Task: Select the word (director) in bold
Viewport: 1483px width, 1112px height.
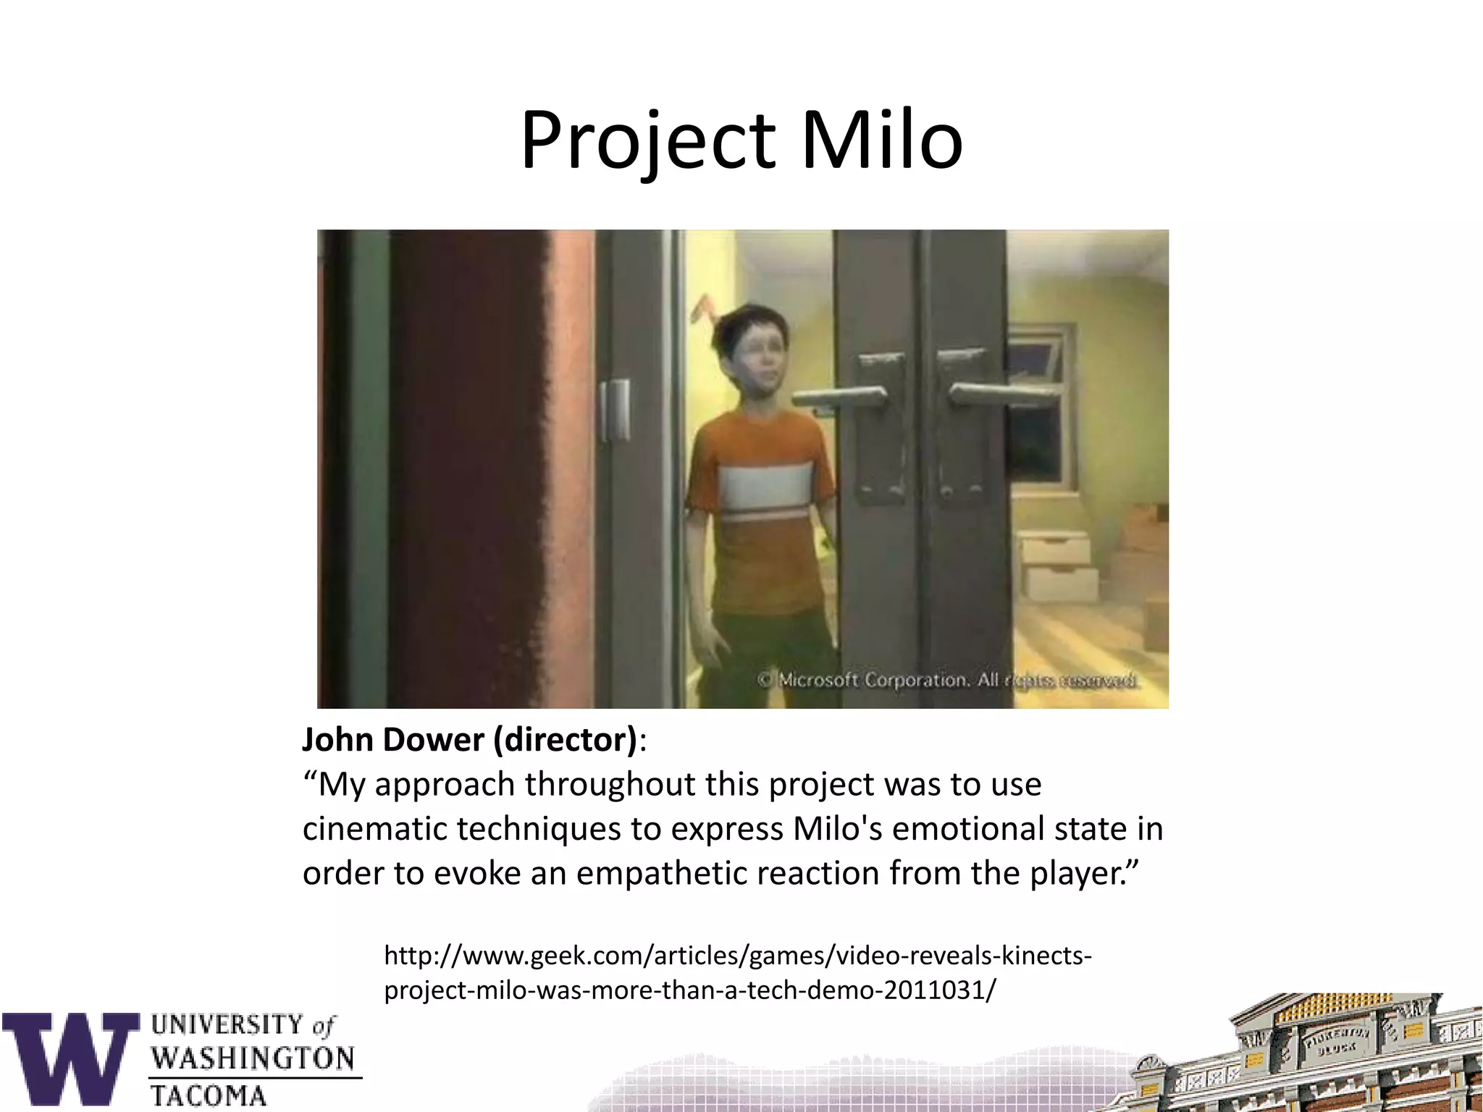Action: [565, 740]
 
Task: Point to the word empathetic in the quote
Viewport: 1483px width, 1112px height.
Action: [656, 873]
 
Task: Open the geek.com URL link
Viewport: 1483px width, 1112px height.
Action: [737, 972]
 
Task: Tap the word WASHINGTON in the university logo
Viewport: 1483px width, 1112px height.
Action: [253, 1058]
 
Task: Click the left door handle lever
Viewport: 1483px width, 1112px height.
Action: [840, 397]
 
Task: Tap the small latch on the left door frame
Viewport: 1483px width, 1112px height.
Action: [615, 409]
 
